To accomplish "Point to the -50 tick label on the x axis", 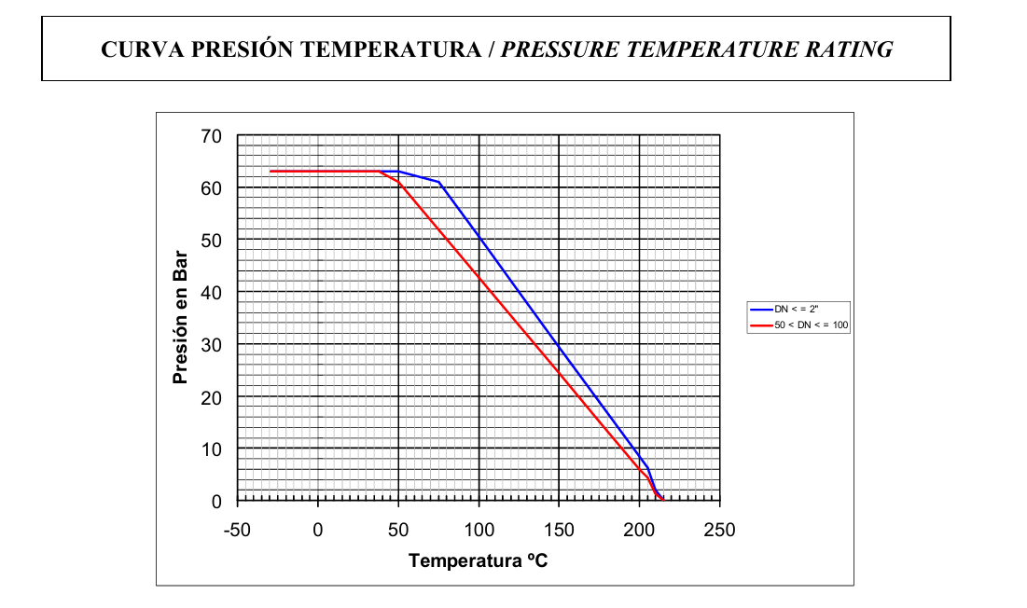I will [x=238, y=530].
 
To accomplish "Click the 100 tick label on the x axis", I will [x=479, y=530].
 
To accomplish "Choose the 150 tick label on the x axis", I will [x=559, y=530].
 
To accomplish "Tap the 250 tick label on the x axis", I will [x=719, y=530].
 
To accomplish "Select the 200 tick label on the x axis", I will [x=639, y=530].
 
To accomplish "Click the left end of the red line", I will [x=271, y=172].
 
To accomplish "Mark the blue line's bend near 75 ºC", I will [x=438, y=182].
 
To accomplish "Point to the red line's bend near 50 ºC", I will [x=399, y=182].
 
